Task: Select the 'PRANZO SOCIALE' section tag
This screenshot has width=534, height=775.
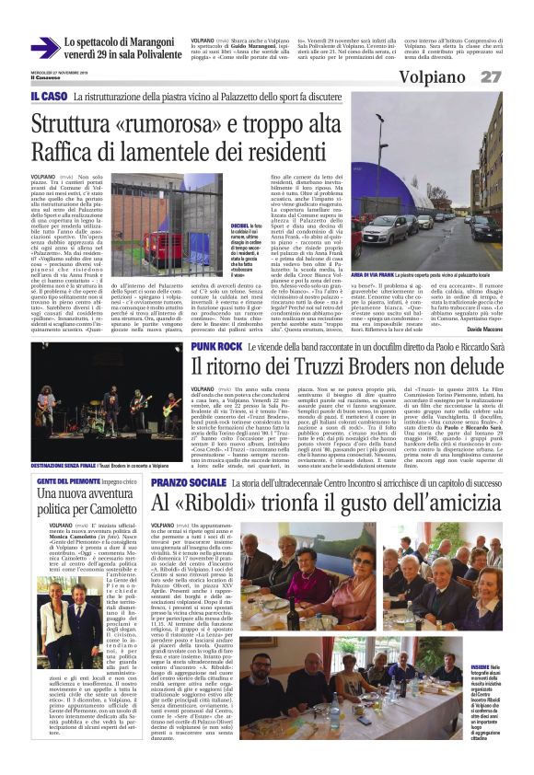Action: pos(189,482)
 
